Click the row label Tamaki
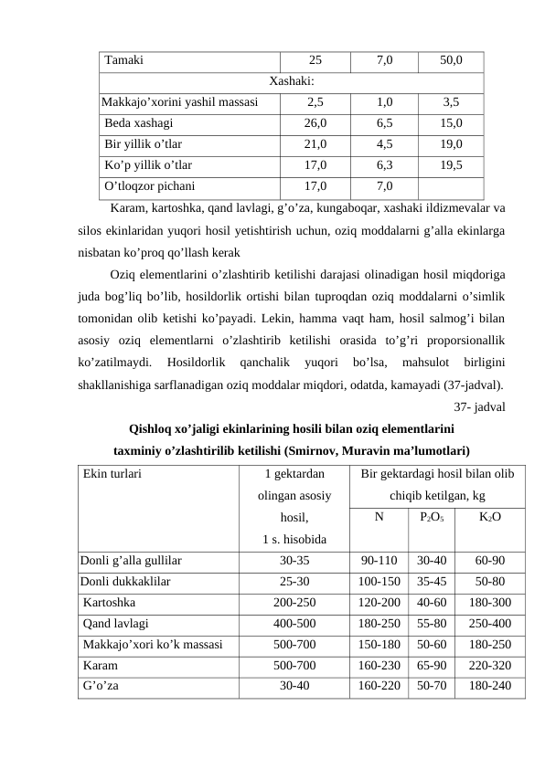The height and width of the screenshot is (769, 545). [123, 61]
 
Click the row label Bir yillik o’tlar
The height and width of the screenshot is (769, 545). [144, 143]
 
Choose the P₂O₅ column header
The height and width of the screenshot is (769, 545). [431, 517]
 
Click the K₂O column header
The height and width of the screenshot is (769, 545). [489, 517]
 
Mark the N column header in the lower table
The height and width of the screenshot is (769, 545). [379, 517]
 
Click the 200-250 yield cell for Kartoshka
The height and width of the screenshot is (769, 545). [294, 603]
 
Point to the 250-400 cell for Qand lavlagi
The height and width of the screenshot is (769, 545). [489, 625]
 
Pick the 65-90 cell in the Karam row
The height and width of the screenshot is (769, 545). [431, 665]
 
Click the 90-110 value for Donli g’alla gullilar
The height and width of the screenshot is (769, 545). [379, 561]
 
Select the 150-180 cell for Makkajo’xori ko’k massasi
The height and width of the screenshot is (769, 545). [379, 645]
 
